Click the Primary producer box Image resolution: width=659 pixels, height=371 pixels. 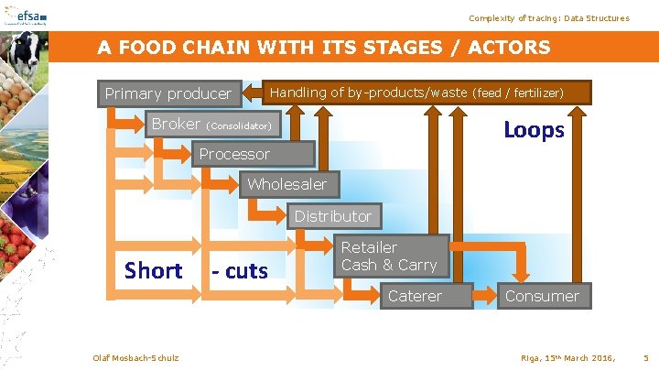pyautogui.click(x=168, y=93)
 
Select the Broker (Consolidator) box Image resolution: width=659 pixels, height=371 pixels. pyautogui.click(x=211, y=124)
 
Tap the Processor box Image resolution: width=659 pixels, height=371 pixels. pyautogui.click(x=234, y=154)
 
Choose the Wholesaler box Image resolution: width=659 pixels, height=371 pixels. pyautogui.click(x=286, y=184)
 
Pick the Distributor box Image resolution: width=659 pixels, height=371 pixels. pyautogui.click(x=332, y=216)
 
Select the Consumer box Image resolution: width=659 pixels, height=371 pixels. pyautogui.click(x=542, y=296)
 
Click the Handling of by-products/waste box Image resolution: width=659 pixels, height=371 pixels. pyautogui.click(x=417, y=93)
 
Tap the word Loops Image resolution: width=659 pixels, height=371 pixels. pyautogui.click(x=534, y=130)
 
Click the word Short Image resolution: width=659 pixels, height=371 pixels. pyautogui.click(x=153, y=270)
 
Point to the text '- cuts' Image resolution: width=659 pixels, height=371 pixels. pyautogui.click(x=239, y=271)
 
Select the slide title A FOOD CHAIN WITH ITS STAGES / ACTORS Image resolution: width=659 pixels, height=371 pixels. pyautogui.click(x=324, y=48)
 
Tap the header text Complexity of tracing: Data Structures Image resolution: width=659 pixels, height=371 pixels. pyautogui.click(x=548, y=18)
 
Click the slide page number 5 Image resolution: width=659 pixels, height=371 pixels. pyautogui.click(x=646, y=356)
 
